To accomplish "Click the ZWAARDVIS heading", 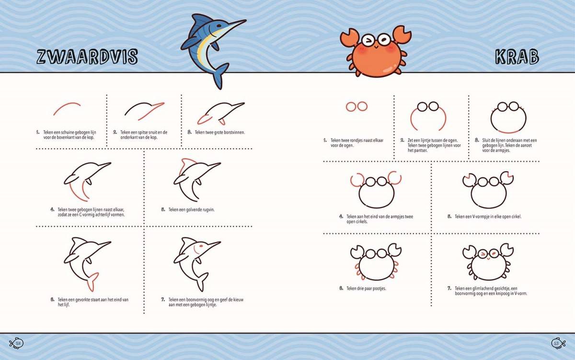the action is (x=87, y=57).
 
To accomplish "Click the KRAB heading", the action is (x=517, y=57).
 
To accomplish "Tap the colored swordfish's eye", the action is (x=218, y=26).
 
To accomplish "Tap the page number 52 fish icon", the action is (x=16, y=343).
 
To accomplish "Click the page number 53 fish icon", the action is (x=558, y=343).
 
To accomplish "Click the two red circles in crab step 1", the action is (x=356, y=106).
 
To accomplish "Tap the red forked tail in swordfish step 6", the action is (x=92, y=282).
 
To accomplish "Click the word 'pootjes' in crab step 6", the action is (x=379, y=289).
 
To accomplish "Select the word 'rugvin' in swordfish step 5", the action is (x=208, y=210).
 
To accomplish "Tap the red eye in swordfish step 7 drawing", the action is (x=201, y=246).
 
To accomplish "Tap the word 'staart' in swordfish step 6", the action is (x=101, y=300).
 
